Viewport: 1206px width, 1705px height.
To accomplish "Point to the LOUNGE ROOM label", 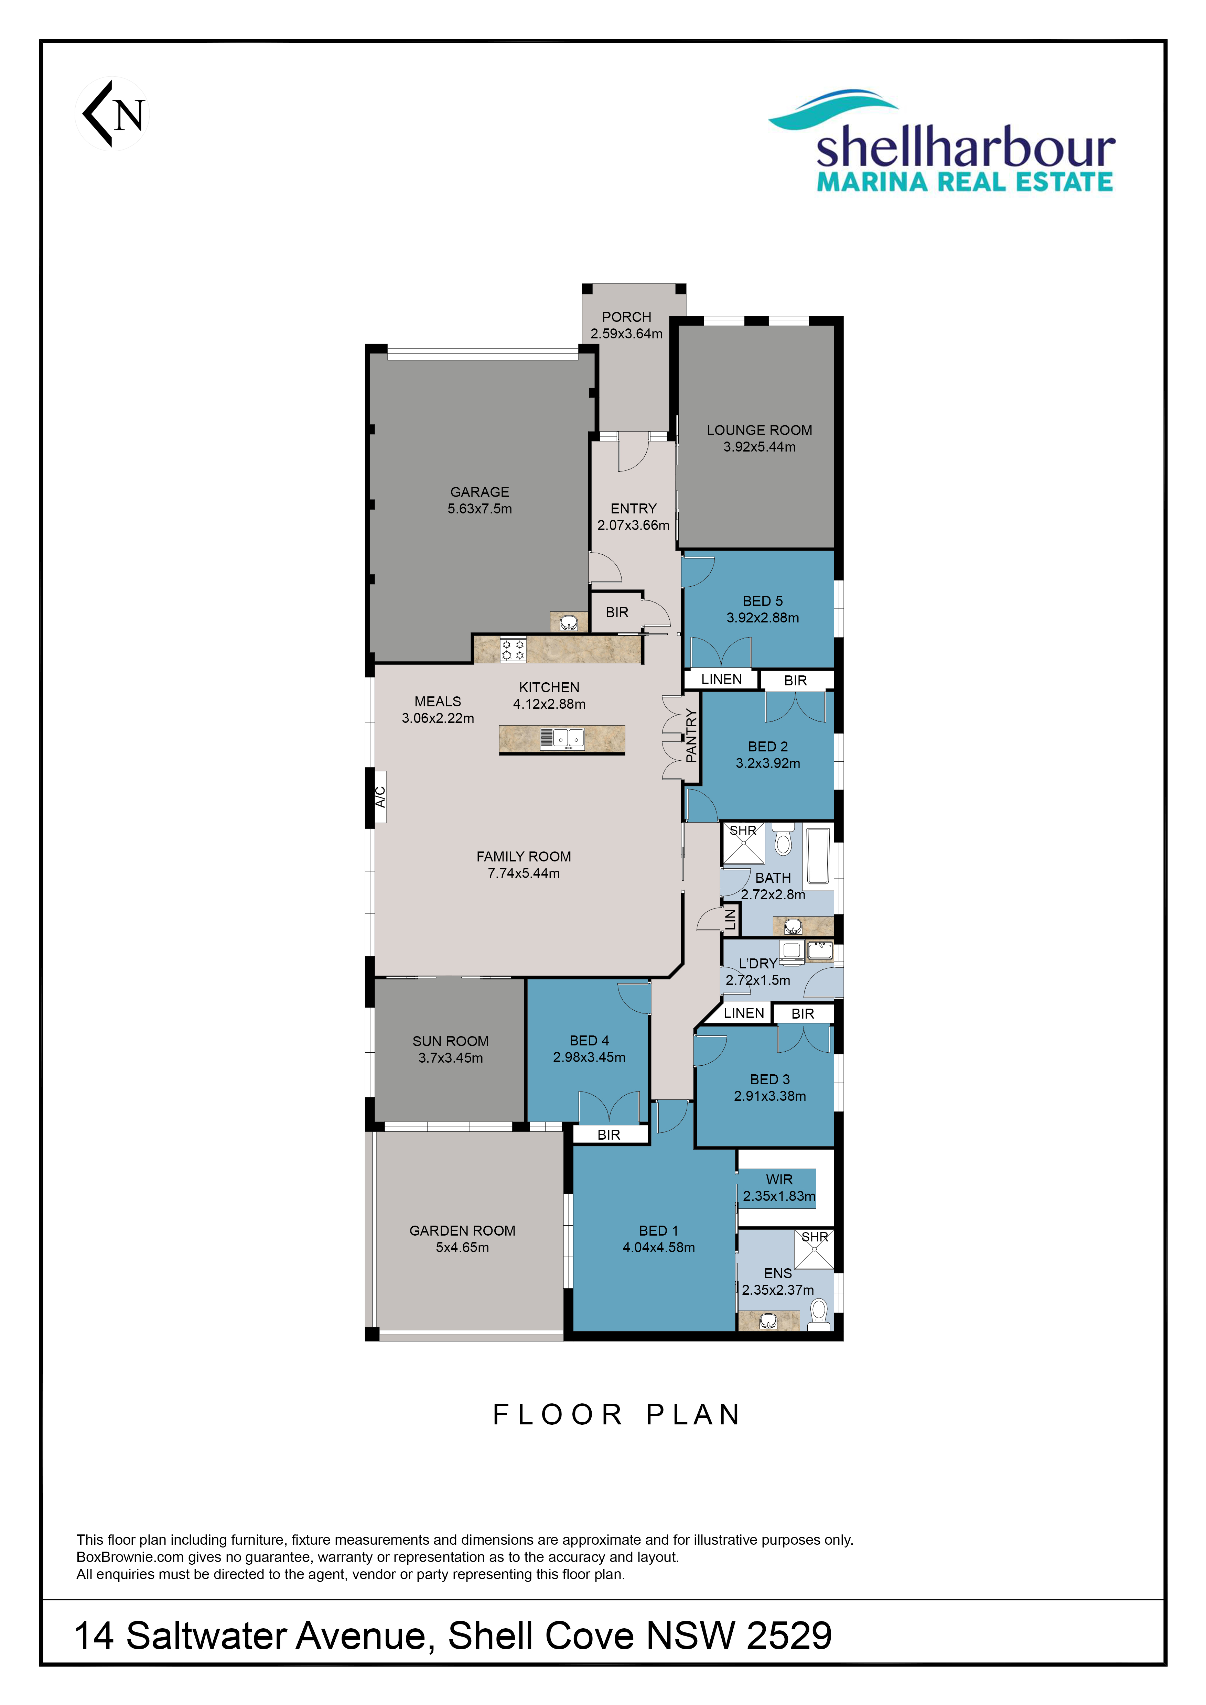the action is coord(759,430).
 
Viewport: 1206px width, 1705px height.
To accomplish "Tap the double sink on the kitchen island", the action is coord(562,738).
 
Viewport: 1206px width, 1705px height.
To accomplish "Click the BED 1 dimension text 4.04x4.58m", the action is coord(659,1248).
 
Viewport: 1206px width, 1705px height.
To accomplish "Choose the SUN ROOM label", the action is coord(451,1041).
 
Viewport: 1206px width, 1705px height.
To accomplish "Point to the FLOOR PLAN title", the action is coord(617,1415).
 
